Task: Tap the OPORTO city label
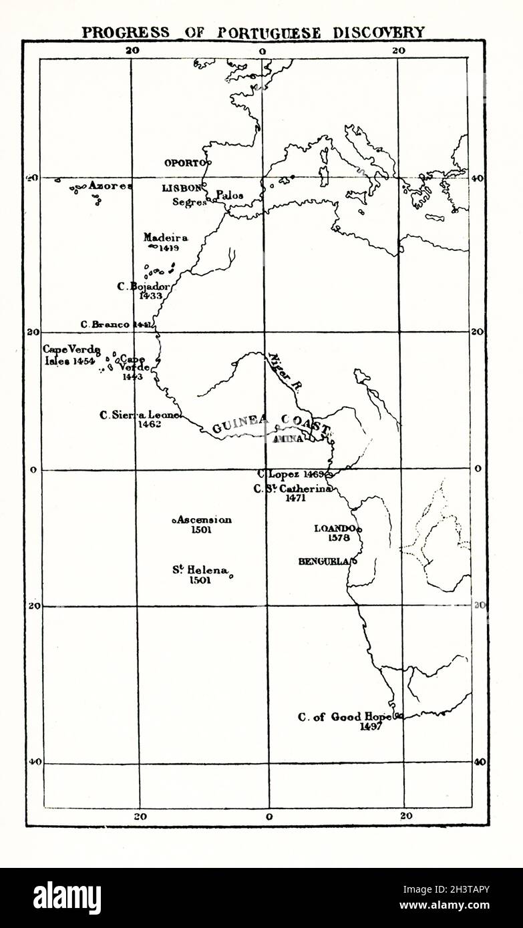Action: click(x=185, y=162)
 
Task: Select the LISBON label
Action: click(x=181, y=189)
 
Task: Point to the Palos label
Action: click(x=229, y=196)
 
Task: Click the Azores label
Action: click(x=110, y=186)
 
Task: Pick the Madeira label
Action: click(x=165, y=237)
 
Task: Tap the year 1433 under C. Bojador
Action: click(x=151, y=296)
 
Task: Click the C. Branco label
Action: click(x=106, y=324)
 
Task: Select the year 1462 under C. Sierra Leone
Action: click(x=150, y=424)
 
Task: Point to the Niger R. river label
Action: click(x=280, y=371)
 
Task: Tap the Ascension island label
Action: click(x=204, y=519)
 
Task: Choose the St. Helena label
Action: click(x=200, y=570)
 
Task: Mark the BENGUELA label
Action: click(x=323, y=561)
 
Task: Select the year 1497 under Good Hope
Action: click(x=370, y=727)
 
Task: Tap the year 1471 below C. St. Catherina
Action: click(x=295, y=497)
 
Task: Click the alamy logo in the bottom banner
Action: click(x=67, y=898)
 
